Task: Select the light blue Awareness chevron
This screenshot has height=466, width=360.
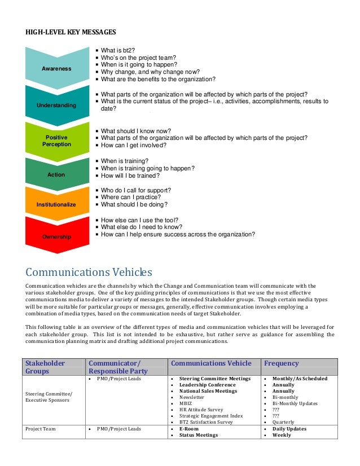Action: pyautogui.click(x=56, y=68)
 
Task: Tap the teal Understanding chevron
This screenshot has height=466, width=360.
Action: pyautogui.click(x=56, y=105)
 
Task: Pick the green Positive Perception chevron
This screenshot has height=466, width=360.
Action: pyautogui.click(x=56, y=140)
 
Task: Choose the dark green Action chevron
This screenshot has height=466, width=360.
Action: pyautogui.click(x=56, y=174)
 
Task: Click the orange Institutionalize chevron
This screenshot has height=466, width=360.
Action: pyautogui.click(x=56, y=204)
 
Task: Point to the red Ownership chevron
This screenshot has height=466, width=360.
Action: pyautogui.click(x=56, y=236)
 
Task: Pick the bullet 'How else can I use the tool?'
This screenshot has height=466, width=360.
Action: pyautogui.click(x=139, y=220)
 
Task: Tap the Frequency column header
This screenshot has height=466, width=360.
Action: pyautogui.click(x=281, y=363)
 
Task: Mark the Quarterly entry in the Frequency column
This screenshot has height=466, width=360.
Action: pyautogui.click(x=283, y=422)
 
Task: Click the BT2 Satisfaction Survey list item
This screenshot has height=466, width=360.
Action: pyautogui.click(x=206, y=422)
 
